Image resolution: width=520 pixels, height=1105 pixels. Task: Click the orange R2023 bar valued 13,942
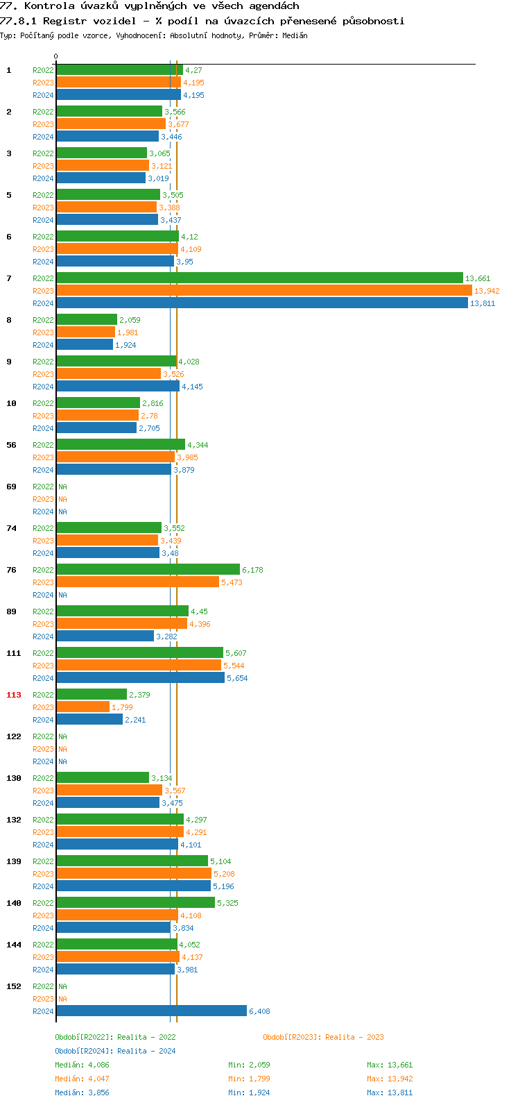coord(263,291)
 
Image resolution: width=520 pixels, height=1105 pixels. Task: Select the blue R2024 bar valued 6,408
coord(151,1011)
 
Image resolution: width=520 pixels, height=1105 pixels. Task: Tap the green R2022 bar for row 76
coord(148,570)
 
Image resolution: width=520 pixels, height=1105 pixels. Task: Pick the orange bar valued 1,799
coord(83,707)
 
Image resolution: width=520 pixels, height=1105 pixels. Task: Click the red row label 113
coord(14,695)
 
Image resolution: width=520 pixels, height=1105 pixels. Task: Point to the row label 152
coord(14,986)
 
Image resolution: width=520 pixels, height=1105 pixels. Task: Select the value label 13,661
coord(478,278)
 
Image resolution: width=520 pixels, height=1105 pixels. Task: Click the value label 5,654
coord(237,678)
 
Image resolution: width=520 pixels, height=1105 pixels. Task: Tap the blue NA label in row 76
coord(62,595)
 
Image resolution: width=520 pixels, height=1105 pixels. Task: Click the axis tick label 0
coord(56,57)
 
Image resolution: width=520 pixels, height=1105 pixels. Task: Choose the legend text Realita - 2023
coord(354,1037)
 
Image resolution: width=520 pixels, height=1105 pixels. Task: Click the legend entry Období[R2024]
coord(83,1051)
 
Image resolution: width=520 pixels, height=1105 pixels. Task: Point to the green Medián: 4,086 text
coord(82,1065)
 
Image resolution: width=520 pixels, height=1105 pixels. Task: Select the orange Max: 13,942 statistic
coord(390,1079)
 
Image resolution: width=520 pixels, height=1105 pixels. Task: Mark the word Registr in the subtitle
coord(64,21)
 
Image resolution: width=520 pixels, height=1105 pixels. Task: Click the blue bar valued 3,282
coord(105,636)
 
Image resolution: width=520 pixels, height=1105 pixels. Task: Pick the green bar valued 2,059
coord(87,320)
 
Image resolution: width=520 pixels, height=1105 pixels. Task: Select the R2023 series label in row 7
coord(43,291)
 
